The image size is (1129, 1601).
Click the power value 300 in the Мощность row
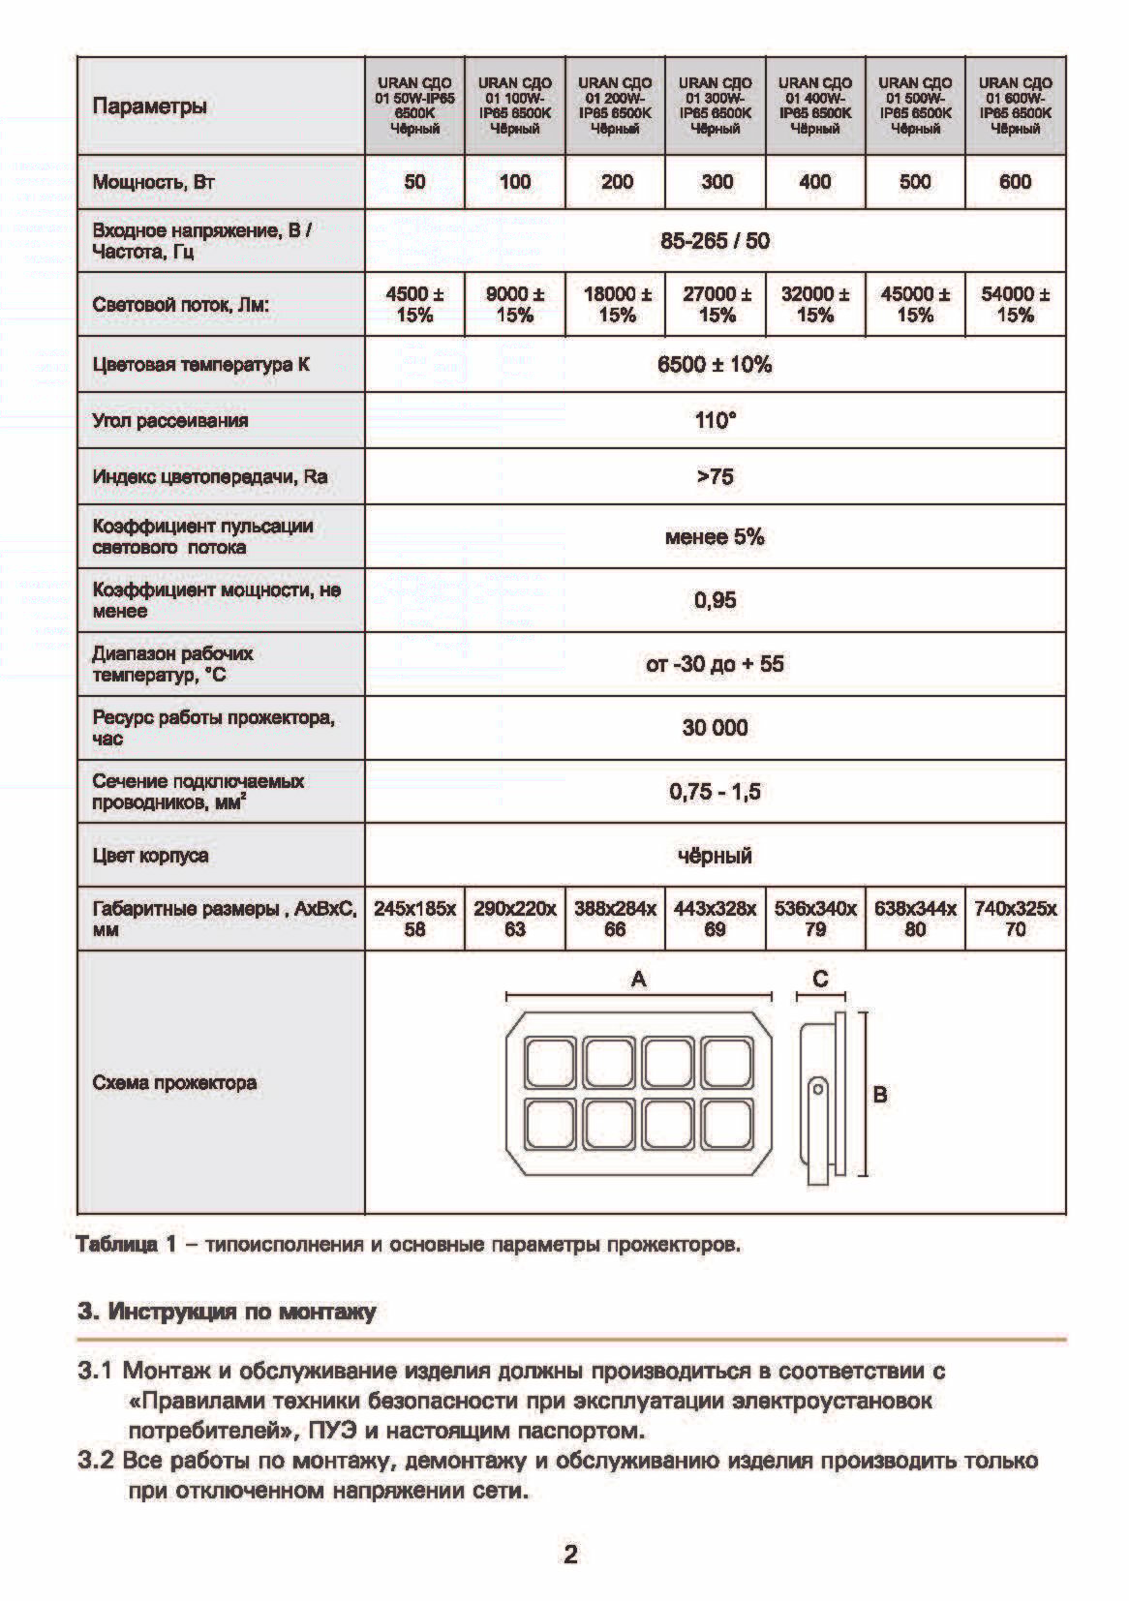[717, 182]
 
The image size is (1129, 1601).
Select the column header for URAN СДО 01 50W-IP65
[414, 106]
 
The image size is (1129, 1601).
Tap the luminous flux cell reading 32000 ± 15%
[815, 304]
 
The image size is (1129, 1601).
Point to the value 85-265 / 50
[715, 241]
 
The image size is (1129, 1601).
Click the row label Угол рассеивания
[170, 421]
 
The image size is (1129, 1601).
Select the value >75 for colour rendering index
[715, 476]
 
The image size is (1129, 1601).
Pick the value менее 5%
[715, 537]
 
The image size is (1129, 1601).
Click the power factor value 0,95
[715, 601]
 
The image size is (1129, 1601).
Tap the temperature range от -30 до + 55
[715, 665]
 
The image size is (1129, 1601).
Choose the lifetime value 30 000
[715, 728]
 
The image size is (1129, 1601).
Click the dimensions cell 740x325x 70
[1015, 919]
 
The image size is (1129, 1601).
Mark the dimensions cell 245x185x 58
[414, 919]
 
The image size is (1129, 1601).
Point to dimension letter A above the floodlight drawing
[638, 980]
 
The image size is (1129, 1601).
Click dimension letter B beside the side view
[880, 1095]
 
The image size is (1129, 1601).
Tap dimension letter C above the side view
[820, 979]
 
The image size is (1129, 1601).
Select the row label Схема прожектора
[174, 1083]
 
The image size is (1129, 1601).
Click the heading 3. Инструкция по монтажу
[227, 1313]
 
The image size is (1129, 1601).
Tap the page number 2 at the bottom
[570, 1555]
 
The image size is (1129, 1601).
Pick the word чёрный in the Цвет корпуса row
[715, 856]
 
